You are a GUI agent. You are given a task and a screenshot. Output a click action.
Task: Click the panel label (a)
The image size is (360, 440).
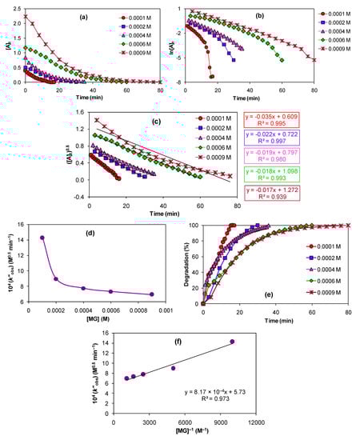click(83, 16)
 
